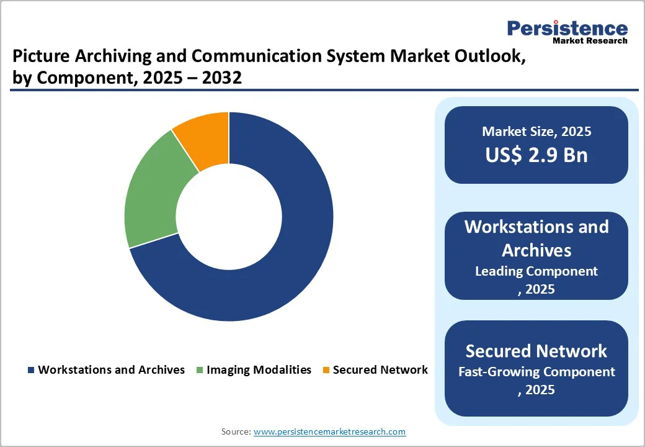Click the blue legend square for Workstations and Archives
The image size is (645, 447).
30,371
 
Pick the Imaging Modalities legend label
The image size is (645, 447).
259,370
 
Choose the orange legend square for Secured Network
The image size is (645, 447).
326,371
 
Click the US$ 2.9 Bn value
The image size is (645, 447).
536,155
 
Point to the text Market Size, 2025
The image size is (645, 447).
536,132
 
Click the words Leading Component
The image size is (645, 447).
536,271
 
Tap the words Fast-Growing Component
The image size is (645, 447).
536,372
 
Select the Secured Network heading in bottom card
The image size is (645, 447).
536,351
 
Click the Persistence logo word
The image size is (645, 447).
567,29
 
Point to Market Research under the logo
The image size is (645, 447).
590,41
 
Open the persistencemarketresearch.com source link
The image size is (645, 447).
329,431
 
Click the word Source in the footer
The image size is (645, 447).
236,431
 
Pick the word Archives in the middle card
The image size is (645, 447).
536,250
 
